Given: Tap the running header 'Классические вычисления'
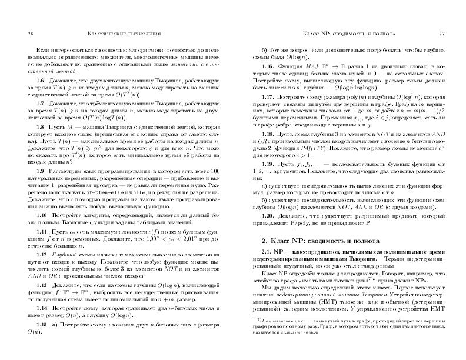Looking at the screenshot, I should tap(124, 34).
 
